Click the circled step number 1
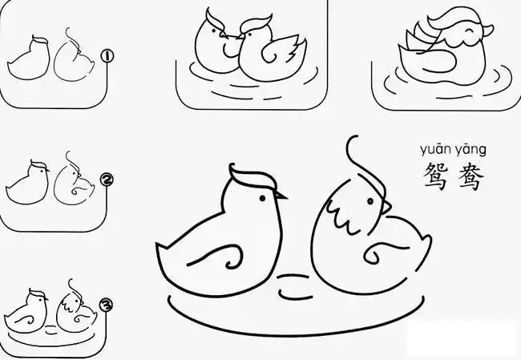tap(107, 56)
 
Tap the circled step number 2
tap(106, 180)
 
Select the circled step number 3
tap(105, 305)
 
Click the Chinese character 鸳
tap(434, 176)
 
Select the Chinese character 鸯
tap(471, 176)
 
